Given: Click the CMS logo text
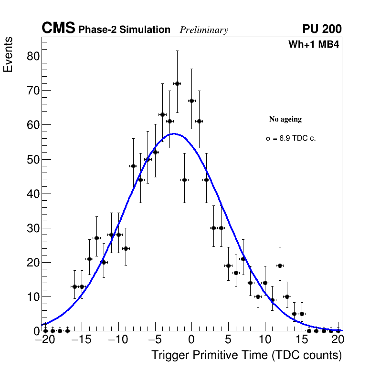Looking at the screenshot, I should [58, 29].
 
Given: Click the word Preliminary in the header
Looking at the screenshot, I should [204, 30].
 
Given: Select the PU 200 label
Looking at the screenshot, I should [322, 29].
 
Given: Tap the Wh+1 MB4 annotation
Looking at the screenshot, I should [314, 45].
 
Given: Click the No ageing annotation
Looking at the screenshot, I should [285, 119].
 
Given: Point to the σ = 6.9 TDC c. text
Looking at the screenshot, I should [291, 138].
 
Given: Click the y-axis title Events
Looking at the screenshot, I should [8, 54].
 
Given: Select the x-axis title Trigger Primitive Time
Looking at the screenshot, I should [246, 355].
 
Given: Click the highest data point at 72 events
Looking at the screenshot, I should [177, 83].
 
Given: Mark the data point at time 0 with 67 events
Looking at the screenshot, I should [191, 101].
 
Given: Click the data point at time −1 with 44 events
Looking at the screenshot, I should [184, 180].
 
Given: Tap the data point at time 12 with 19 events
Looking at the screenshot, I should [280, 266].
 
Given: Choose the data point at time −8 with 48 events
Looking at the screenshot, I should [133, 166].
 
